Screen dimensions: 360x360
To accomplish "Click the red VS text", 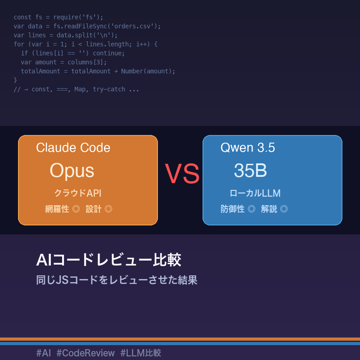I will pos(182,174).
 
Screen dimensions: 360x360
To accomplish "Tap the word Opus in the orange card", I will pos(72,171).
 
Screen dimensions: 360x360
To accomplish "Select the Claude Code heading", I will pos(73,148).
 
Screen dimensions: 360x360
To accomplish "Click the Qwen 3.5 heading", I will pos(247,148).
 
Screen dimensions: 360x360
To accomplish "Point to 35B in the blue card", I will pos(250,171).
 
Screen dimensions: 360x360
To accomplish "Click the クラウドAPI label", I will pos(78,193).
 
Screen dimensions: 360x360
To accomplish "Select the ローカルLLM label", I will pos(255,193).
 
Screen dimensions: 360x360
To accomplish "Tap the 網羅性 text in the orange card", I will pos(57,209).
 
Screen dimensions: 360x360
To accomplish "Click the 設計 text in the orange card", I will pos(94,209).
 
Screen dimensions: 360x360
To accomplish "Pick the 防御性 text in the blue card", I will pos(233,209).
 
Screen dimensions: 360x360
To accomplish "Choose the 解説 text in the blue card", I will pos(269,209).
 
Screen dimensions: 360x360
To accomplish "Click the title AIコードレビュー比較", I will pos(108,260).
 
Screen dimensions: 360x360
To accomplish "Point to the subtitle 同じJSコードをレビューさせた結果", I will pos(117,280).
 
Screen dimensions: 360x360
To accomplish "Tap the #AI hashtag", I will pos(44,353).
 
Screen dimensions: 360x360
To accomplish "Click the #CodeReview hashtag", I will pos(85,353).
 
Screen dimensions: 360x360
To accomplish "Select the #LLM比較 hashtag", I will pos(140,353).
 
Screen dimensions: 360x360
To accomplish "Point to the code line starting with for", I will pos(85,44).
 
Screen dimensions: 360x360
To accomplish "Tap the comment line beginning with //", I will pos(76,89).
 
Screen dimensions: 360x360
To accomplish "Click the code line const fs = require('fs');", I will pos(58,17).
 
